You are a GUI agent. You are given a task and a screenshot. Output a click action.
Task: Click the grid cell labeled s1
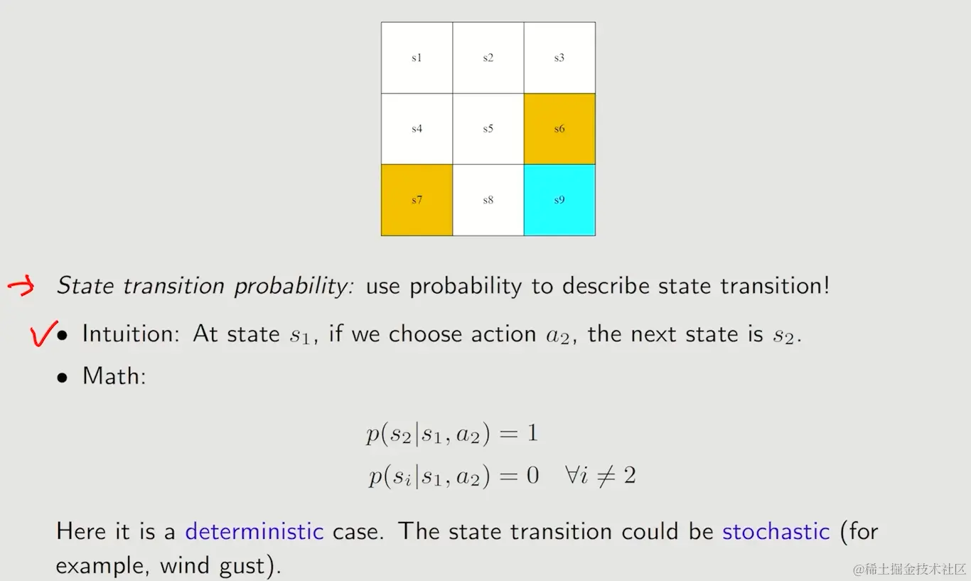(417, 58)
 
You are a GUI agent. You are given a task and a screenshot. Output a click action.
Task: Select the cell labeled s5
(488, 129)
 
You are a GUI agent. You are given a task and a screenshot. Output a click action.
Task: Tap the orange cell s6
(559, 129)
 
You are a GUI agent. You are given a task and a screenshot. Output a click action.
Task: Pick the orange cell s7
(417, 200)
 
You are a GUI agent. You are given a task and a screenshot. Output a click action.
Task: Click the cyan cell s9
(559, 200)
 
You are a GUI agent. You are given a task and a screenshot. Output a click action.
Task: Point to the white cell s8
(488, 200)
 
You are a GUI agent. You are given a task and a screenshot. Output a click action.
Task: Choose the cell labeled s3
(559, 58)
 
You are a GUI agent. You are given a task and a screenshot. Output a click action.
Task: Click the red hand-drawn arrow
(21, 286)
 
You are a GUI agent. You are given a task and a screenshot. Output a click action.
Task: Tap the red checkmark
(43, 334)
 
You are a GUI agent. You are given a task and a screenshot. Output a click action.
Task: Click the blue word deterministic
(254, 531)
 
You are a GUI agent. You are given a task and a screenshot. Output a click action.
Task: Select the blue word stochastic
(776, 531)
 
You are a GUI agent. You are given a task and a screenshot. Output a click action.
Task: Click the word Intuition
(131, 334)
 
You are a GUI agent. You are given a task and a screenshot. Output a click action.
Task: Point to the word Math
(114, 375)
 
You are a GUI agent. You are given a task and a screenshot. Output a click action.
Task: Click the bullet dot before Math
(63, 378)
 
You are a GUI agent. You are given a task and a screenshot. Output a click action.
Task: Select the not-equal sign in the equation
(606, 476)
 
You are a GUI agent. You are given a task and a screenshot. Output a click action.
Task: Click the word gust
(242, 566)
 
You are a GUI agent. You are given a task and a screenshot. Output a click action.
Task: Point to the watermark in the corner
(909, 569)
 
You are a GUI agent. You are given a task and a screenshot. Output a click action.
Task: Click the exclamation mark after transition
(826, 286)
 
